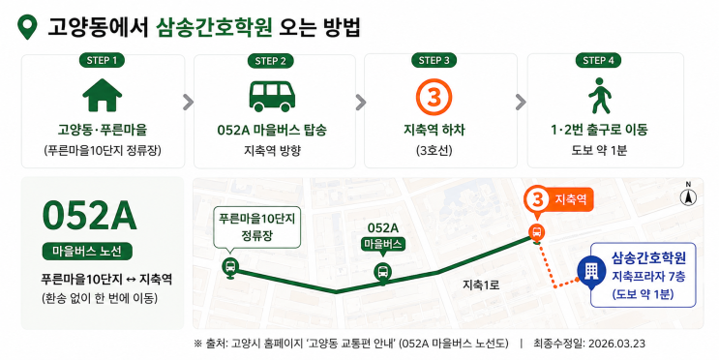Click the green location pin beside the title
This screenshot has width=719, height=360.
point(27,26)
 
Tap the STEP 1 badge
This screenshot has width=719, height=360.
point(102,60)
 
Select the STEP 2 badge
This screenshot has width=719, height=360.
point(271,61)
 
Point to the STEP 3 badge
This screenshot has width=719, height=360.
point(434,60)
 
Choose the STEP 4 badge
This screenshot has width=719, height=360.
point(598,60)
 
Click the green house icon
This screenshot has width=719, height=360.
point(103,95)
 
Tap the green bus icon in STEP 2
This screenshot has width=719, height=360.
point(272,97)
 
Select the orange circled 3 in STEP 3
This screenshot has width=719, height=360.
point(434,97)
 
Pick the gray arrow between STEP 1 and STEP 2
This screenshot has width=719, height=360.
point(188,103)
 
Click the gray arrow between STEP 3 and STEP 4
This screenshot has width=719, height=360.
point(521,103)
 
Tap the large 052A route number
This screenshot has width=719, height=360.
point(89,216)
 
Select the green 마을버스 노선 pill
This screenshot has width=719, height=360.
point(87,252)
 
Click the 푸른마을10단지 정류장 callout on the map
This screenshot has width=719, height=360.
point(256,227)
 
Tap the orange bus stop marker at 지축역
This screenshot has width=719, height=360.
point(536,232)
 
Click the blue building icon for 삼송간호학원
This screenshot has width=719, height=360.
point(590,272)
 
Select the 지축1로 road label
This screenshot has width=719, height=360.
point(480,285)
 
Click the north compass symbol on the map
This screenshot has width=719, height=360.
point(688,195)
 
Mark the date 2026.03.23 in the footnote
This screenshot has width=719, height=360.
point(616,344)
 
